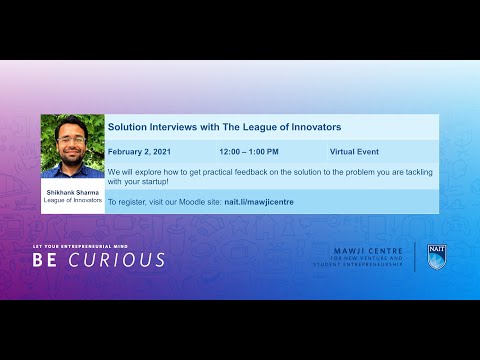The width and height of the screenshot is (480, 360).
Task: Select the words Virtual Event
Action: tap(355, 152)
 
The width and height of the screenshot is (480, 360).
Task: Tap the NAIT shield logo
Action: tap(436, 256)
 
